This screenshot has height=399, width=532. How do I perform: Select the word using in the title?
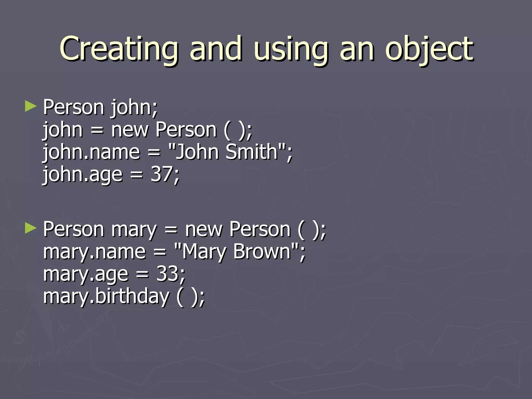291,49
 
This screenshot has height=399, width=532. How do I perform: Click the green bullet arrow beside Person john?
31,107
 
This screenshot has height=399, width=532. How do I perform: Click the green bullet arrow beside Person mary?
31,229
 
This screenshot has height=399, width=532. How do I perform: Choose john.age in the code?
83,175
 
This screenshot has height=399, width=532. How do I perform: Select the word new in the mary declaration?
204,229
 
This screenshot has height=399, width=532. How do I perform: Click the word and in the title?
215,49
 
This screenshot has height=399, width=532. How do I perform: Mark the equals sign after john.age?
136,175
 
